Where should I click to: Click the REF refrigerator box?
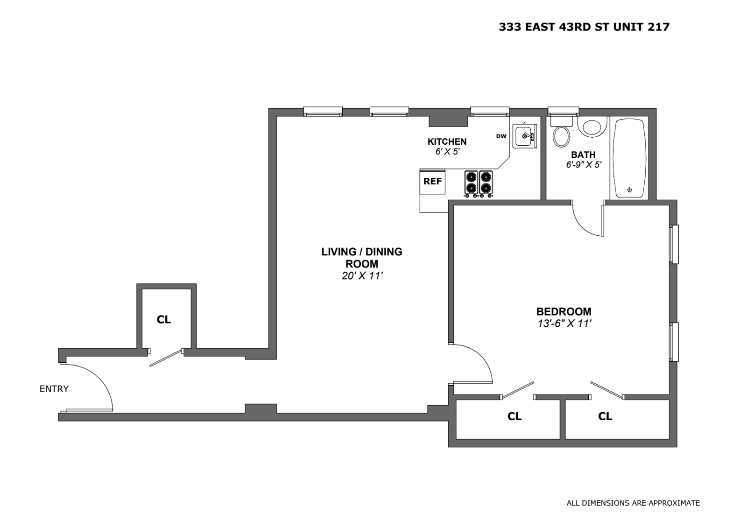click(432, 182)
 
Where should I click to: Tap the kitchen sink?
click(524, 136)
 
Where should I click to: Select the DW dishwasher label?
click(501, 136)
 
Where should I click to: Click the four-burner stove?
click(479, 183)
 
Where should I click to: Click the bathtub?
click(629, 158)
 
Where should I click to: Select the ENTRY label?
click(54, 389)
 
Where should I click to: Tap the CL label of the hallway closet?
click(164, 320)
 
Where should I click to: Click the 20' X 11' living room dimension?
click(362, 276)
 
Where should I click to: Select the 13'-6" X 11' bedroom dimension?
click(564, 324)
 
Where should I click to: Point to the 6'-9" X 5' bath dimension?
click(584, 165)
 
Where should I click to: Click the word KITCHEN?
click(447, 141)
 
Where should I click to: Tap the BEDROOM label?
click(564, 311)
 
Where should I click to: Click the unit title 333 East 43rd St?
click(584, 27)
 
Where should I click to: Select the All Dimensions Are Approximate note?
click(633, 503)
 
